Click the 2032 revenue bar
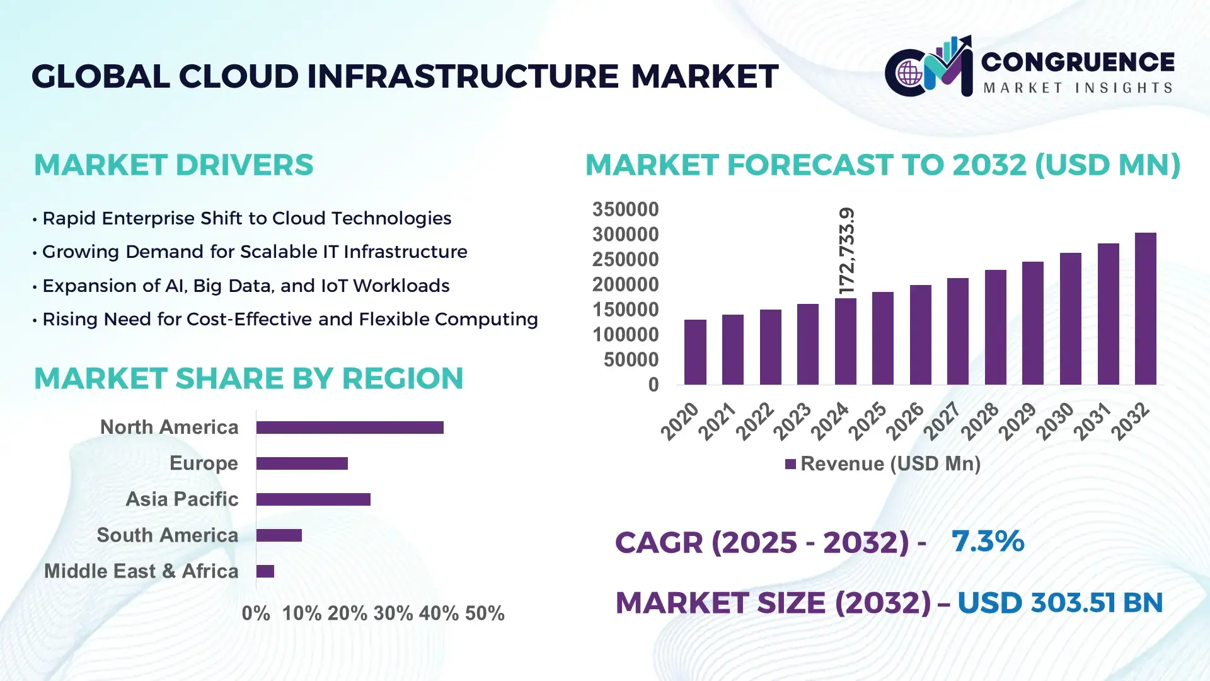(1145, 309)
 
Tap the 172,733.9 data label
(846, 251)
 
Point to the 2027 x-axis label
(942, 421)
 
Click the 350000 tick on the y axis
(625, 209)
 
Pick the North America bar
(350, 428)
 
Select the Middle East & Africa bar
(265, 571)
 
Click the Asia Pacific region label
(181, 499)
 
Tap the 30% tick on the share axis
(393, 613)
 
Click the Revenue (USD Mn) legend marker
(790, 464)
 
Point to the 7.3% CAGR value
(988, 541)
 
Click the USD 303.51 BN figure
(1059, 603)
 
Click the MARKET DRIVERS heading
(173, 165)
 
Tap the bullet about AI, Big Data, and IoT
(246, 286)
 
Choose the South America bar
(279, 535)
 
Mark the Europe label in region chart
(204, 463)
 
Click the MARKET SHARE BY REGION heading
(248, 378)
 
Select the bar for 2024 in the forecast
(845, 341)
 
